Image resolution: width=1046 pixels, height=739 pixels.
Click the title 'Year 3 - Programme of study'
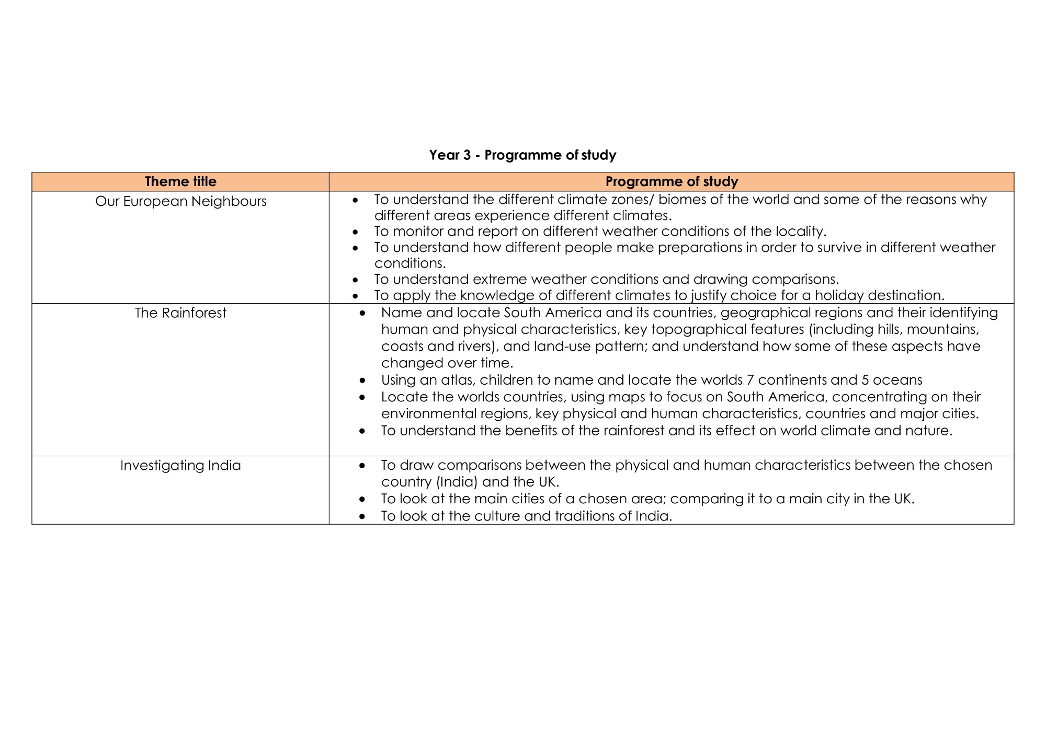coord(522,155)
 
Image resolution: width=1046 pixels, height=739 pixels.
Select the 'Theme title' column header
coord(180,181)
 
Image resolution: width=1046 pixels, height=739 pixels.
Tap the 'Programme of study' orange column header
coord(672,181)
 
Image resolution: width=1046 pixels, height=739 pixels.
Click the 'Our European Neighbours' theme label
coord(180,201)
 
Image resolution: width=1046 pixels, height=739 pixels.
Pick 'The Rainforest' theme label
coord(180,313)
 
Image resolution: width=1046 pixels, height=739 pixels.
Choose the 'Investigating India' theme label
coord(180,465)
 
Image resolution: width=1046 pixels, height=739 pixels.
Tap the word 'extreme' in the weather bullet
coord(499,279)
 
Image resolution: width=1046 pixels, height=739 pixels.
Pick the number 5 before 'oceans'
coord(866,380)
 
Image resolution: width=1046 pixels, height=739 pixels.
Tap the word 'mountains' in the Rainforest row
coord(942,329)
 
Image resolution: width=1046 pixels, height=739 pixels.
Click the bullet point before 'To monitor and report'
coord(356,232)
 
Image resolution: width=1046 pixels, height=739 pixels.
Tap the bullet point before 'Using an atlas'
coord(362,380)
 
